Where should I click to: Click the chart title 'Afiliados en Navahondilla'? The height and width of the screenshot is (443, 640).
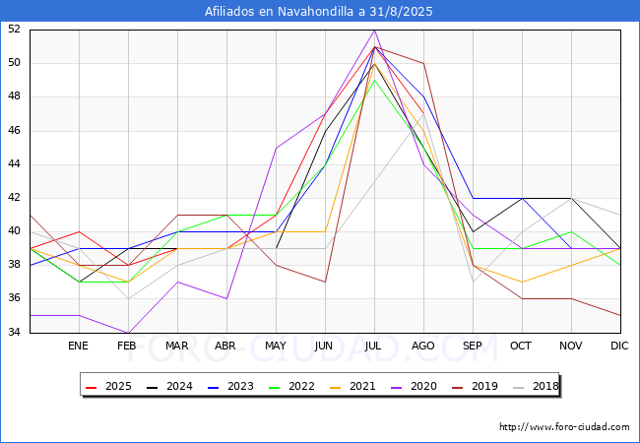(x=279, y=12)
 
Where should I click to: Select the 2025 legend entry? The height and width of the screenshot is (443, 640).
(x=109, y=386)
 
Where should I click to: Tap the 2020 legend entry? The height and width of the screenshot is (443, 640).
(x=415, y=386)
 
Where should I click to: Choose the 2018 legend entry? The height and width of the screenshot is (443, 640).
(x=536, y=386)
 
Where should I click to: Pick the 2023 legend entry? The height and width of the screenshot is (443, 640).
(x=231, y=386)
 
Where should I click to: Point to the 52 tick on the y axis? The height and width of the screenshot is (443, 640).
(x=14, y=29)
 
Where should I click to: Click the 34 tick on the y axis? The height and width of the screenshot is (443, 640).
(x=14, y=332)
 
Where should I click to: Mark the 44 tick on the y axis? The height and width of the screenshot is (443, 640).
(x=14, y=164)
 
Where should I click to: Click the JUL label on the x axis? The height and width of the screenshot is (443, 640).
(x=373, y=346)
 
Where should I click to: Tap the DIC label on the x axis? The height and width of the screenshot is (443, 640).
(x=619, y=346)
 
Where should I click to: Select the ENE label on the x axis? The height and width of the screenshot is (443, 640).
(x=78, y=346)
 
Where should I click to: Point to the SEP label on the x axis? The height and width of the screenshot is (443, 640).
(x=473, y=346)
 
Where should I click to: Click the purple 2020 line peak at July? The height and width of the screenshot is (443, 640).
(x=375, y=31)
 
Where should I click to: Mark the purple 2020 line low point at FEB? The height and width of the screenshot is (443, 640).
(x=129, y=333)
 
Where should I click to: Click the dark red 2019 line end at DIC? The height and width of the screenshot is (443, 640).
(x=620, y=315)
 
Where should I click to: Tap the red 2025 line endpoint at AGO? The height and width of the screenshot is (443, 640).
(x=423, y=114)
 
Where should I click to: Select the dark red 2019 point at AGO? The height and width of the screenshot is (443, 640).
(x=423, y=64)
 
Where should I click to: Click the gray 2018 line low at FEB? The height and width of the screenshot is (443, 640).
(x=129, y=298)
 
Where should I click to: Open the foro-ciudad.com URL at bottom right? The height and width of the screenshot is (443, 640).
(x=564, y=427)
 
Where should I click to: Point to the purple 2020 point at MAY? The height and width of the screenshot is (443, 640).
(x=277, y=148)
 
